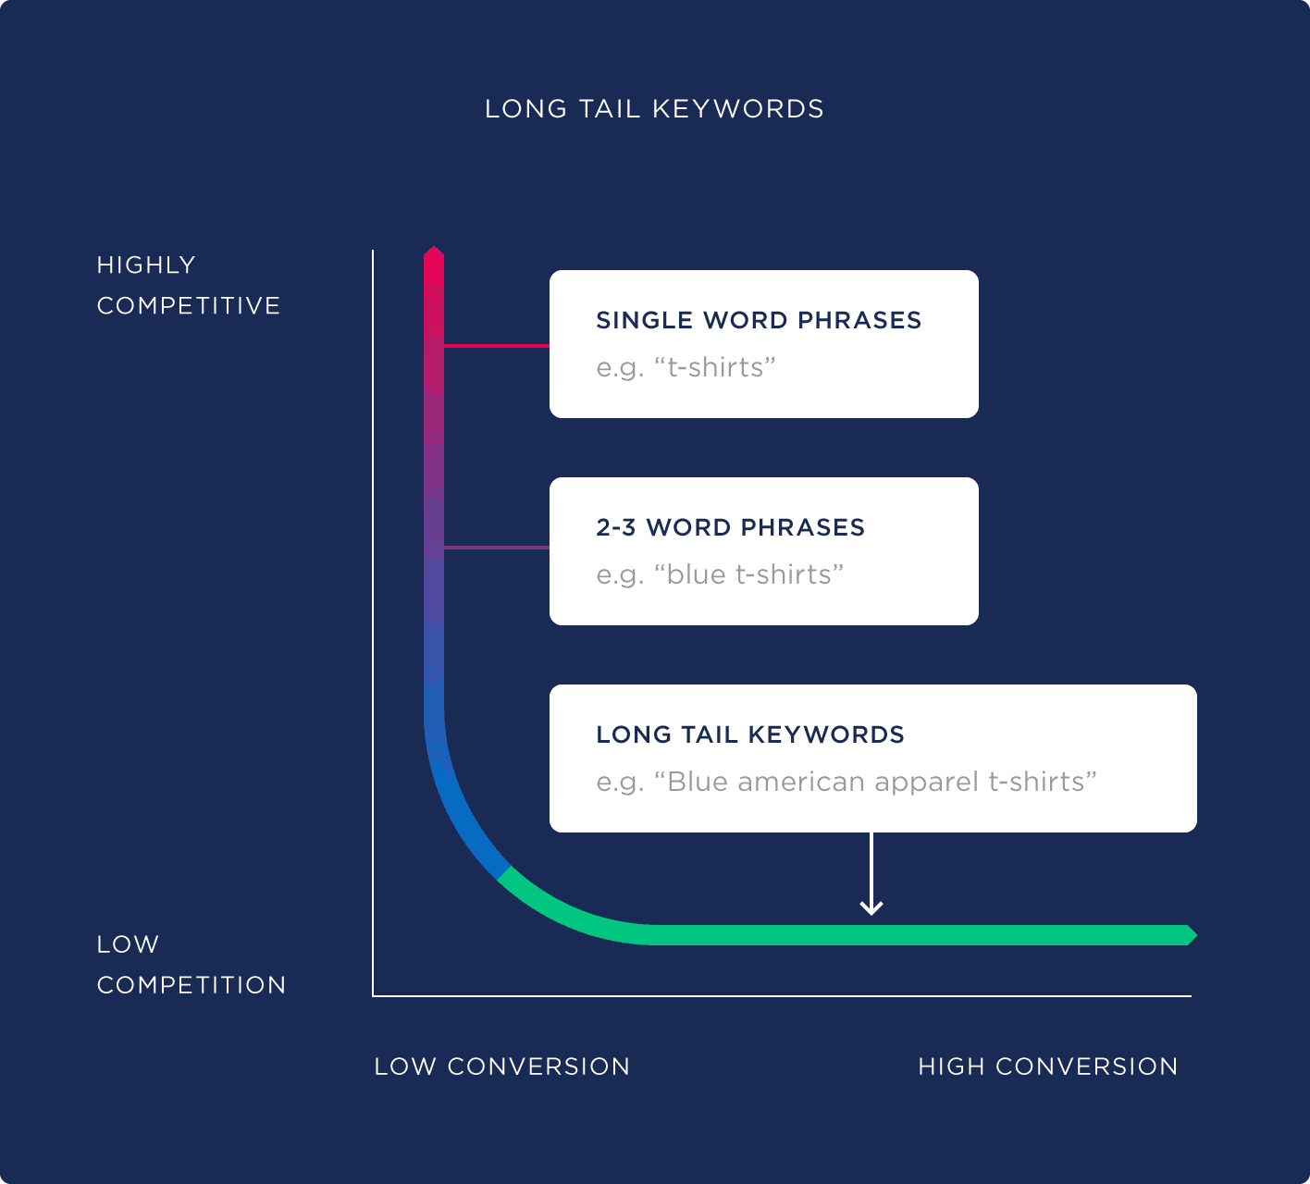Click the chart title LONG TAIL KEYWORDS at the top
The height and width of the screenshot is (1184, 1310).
[x=654, y=109]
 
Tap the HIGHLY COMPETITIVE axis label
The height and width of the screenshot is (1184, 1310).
[x=188, y=285]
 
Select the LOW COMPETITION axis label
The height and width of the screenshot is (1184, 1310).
[x=191, y=965]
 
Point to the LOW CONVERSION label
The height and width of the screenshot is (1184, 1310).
[x=501, y=1067]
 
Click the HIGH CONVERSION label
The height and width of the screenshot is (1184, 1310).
[x=1047, y=1067]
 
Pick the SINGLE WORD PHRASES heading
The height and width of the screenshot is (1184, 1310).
[x=759, y=320]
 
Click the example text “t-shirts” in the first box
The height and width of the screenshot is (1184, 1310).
[x=686, y=367]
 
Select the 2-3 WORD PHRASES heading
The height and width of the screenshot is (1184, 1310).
[x=730, y=527]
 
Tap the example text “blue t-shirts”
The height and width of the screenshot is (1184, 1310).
[x=720, y=574]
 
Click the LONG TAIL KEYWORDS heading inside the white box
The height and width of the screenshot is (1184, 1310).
[x=750, y=734]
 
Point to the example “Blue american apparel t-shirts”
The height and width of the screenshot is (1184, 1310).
[x=847, y=782]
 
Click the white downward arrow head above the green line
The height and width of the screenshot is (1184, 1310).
[x=871, y=907]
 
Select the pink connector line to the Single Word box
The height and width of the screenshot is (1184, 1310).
[x=497, y=346]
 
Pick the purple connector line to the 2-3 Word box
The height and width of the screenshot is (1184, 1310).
[x=497, y=548]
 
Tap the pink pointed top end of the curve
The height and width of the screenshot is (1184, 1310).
[x=434, y=255]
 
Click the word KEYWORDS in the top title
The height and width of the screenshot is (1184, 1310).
[x=737, y=109]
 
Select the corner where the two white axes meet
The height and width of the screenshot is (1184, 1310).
[x=373, y=995]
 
